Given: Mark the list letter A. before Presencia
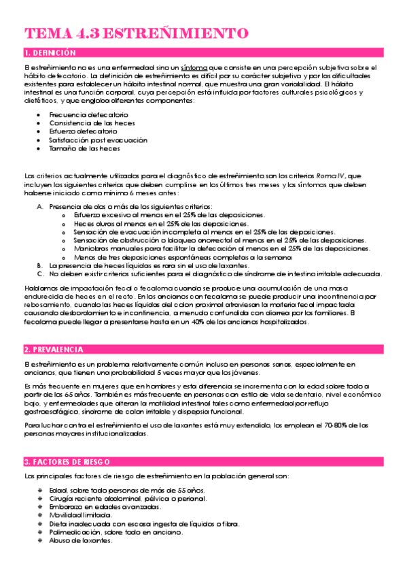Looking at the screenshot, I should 40,206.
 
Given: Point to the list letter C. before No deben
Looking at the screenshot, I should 40,274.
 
